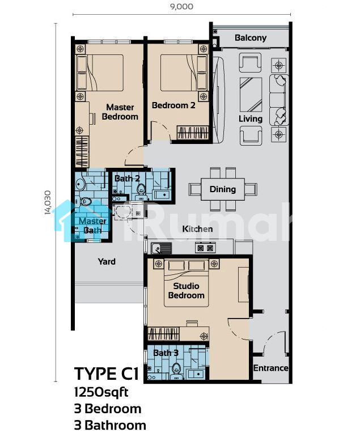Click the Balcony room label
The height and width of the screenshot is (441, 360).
(251, 38)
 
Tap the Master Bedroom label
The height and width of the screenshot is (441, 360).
(120, 112)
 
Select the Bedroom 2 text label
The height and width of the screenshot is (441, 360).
(173, 105)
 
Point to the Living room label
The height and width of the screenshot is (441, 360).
(251, 118)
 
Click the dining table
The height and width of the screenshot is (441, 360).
(222, 189)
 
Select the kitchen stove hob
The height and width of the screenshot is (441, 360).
(205, 248)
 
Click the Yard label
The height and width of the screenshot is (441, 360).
(107, 261)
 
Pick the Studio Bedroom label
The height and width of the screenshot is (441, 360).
(186, 291)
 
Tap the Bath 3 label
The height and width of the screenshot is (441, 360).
(166, 353)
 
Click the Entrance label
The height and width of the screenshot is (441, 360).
(270, 368)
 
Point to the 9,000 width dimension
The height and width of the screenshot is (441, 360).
(181, 6)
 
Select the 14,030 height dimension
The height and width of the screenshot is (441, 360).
(48, 202)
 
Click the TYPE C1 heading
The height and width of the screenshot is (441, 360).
(107, 374)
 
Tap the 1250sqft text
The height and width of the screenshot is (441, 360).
(101, 392)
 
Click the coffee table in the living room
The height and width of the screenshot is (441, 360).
(251, 95)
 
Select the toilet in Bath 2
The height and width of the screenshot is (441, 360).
(141, 189)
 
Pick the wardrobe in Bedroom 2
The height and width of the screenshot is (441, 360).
(193, 133)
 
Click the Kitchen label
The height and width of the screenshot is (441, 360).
(197, 229)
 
